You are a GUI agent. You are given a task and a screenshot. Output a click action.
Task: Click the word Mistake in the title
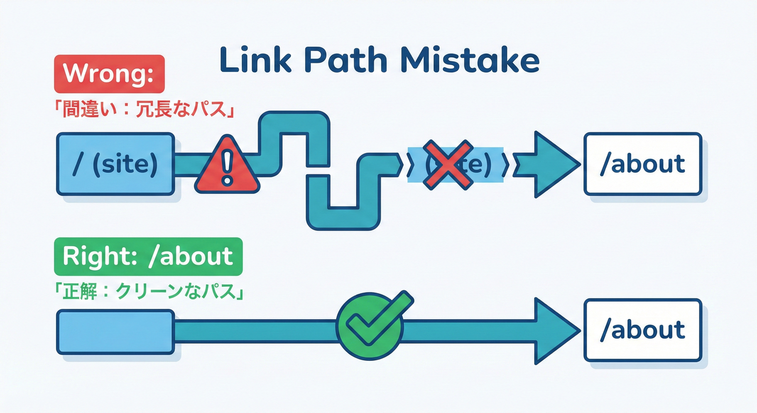coord(470,61)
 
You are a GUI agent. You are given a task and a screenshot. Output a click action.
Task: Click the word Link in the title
coord(252,61)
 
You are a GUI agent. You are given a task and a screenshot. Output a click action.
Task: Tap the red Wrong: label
coord(109,74)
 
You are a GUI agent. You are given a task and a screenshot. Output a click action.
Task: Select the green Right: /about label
coord(148,256)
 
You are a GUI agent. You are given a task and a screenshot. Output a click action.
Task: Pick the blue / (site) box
coord(116,163)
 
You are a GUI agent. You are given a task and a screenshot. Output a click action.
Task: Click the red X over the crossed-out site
coord(448,164)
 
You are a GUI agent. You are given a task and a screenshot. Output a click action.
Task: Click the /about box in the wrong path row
coord(642,163)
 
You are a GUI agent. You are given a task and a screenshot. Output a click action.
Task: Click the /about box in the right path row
coord(642,330)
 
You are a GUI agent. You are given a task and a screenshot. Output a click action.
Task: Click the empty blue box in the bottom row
coord(116,332)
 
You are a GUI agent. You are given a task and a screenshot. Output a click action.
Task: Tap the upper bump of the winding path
coord(294,123)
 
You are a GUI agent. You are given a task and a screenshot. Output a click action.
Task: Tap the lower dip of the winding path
coord(342,217)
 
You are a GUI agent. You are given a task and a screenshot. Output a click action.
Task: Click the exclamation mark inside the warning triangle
coord(227,168)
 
